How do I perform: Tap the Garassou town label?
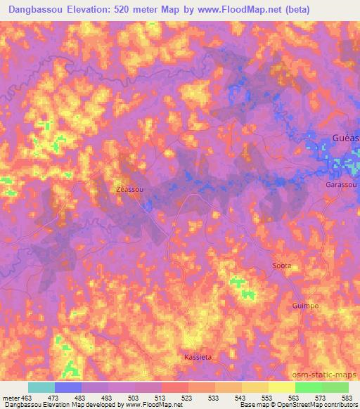click(342, 184)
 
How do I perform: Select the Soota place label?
click(281, 265)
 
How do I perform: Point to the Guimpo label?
click(305, 306)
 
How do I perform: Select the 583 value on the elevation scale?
click(347, 397)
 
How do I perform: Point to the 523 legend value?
click(188, 397)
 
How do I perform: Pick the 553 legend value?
click(268, 397)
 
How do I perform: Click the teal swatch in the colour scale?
click(41, 387)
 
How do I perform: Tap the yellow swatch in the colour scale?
click(281, 387)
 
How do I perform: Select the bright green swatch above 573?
click(308, 387)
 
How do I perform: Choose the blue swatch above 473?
click(68, 387)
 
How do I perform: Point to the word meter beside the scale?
click(11, 397)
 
